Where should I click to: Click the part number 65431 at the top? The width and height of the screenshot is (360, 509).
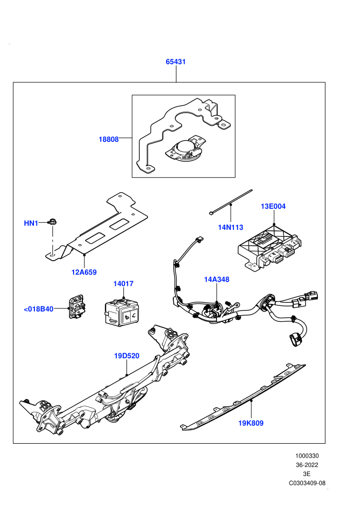click(175, 62)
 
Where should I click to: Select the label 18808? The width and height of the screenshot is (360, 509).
click(109, 139)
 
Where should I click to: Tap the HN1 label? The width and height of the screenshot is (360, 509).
click(31, 223)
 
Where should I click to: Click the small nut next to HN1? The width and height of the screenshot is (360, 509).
click(51, 222)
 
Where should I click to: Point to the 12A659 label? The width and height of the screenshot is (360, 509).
click(84, 272)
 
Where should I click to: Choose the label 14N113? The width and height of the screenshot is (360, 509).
click(230, 227)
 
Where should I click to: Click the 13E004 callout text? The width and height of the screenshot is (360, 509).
click(273, 206)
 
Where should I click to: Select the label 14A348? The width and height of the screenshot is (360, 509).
click(217, 279)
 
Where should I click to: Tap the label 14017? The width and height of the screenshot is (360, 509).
click(123, 284)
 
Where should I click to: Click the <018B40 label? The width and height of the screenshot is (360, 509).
click(39, 309)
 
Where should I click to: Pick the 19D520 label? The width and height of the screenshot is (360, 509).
click(127, 356)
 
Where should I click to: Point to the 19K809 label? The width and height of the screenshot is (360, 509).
click(251, 423)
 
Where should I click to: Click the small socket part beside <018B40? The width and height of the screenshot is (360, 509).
click(77, 306)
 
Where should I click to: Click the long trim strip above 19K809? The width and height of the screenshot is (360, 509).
click(243, 397)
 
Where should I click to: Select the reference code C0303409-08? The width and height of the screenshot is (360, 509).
click(307, 483)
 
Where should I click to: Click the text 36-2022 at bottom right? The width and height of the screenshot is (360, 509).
click(307, 465)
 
